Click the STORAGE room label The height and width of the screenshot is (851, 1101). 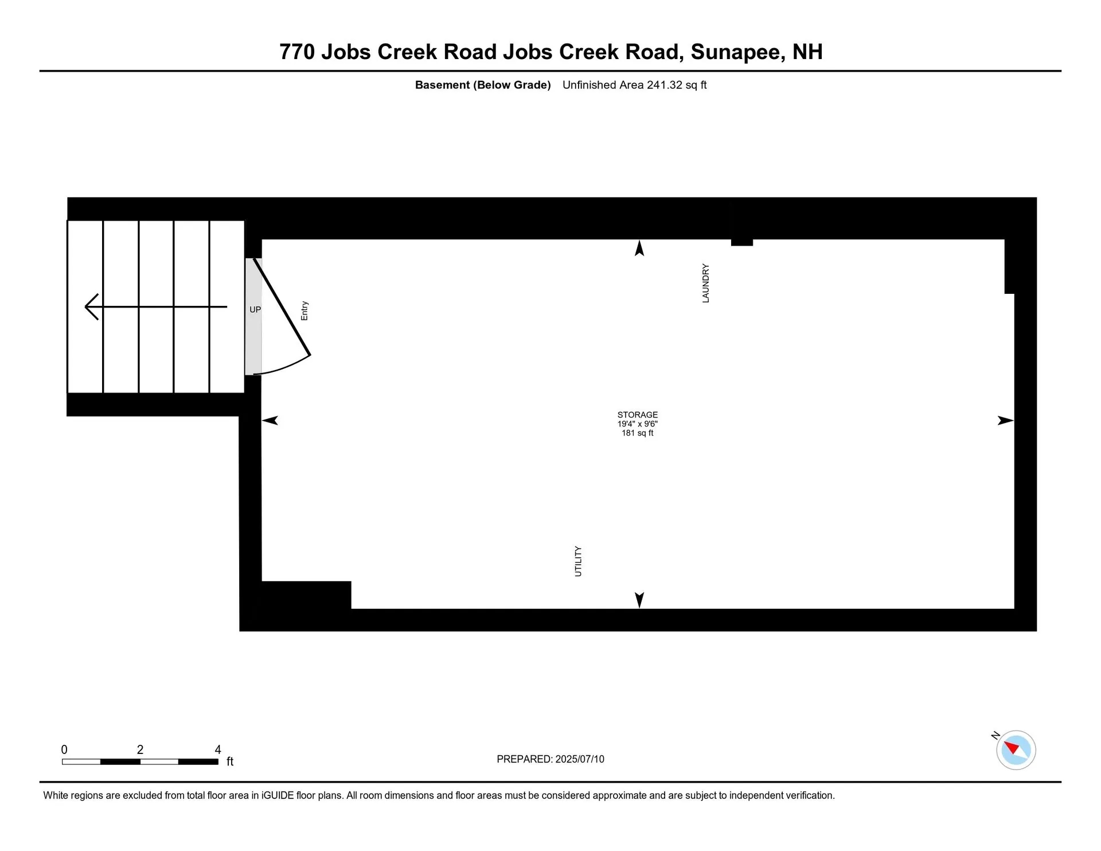(637, 414)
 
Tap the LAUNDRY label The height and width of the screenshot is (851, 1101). (705, 283)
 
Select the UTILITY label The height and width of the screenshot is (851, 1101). (578, 561)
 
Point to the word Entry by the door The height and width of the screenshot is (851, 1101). (304, 311)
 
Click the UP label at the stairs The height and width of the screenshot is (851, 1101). (255, 310)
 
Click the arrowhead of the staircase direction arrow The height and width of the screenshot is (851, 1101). (90, 307)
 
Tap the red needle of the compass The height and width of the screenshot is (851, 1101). (1011, 747)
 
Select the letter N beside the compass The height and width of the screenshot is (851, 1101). (995, 735)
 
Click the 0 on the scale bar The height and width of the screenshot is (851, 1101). (64, 749)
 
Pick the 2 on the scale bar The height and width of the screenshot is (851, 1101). (140, 749)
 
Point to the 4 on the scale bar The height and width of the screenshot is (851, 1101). (218, 749)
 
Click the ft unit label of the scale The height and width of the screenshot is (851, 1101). (230, 761)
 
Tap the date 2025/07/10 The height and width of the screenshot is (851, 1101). (580, 759)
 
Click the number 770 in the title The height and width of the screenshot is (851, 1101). (297, 52)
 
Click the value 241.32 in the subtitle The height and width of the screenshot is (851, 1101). (665, 85)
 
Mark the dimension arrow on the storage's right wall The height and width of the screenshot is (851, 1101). (1005, 421)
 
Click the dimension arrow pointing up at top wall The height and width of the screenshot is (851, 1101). (639, 248)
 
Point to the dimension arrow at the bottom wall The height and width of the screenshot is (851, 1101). (639, 600)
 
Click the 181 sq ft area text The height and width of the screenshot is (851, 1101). (637, 433)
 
